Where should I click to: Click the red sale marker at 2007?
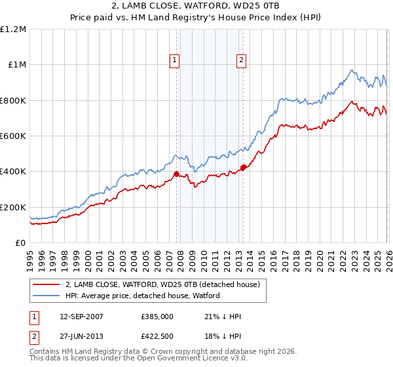(176, 174)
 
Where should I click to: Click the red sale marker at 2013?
(243, 168)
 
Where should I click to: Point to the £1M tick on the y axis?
(17, 65)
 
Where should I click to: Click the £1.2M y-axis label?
(13, 29)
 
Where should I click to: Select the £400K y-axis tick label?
(13, 172)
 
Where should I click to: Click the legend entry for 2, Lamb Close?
(162, 284)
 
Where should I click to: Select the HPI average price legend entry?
(143, 296)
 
